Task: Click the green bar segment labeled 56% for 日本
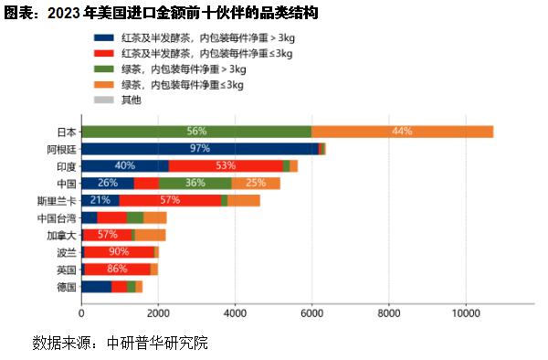196,132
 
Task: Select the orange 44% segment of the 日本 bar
402,132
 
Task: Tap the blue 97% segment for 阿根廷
200,149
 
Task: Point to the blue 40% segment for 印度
125,165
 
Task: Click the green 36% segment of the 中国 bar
195,183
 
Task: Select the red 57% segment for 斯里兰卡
170,200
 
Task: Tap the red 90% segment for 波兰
119,252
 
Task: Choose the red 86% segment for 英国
117,270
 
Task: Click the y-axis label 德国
66,287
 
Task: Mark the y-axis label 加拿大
61,235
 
